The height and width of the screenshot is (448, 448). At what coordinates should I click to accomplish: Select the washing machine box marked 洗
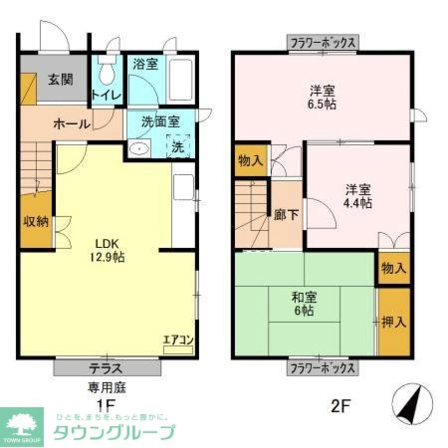click(x=179, y=146)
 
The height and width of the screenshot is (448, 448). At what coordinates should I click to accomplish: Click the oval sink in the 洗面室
click(x=139, y=148)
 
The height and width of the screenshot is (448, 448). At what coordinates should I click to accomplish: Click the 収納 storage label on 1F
click(x=35, y=222)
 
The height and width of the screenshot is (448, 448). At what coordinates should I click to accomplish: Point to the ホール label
click(x=72, y=124)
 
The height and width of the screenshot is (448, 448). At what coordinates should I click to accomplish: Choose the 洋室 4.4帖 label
click(x=357, y=196)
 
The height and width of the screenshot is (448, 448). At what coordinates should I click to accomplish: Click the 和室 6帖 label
click(x=304, y=303)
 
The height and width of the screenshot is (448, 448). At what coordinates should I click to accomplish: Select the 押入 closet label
click(x=394, y=322)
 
